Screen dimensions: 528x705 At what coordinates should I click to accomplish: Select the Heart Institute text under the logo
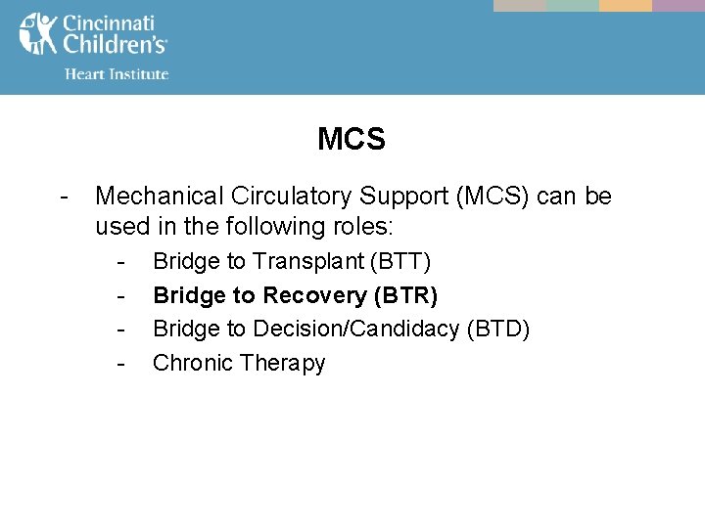tap(116, 73)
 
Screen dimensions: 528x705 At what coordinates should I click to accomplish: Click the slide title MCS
tap(352, 140)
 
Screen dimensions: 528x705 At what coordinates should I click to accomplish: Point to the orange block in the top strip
tap(625, 5)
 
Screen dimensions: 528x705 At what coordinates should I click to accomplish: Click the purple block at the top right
tap(679, 5)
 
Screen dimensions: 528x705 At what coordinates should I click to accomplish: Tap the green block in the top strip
tap(572, 5)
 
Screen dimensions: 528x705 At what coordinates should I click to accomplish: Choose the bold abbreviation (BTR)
tap(406, 295)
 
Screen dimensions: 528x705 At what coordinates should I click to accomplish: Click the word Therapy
tap(281, 364)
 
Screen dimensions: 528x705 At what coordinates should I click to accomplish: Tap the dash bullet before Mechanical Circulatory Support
tap(63, 197)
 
